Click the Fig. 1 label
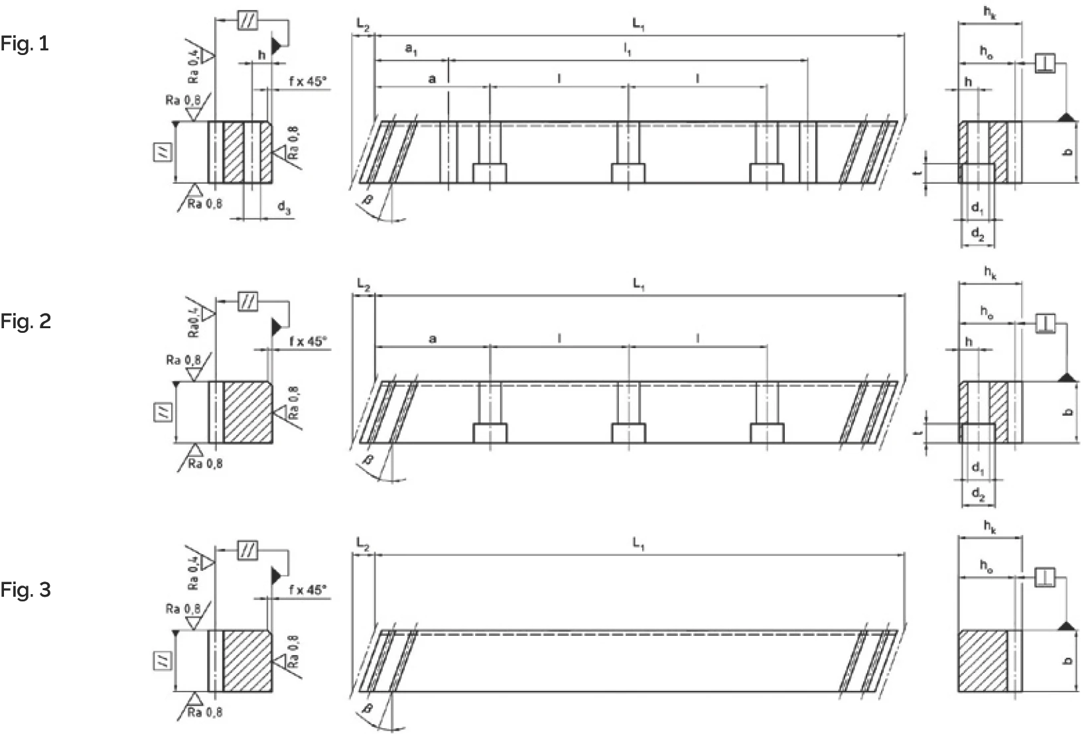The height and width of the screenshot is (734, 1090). (x=25, y=44)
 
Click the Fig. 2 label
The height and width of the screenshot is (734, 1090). (x=25, y=322)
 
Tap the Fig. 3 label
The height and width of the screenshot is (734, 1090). (x=25, y=589)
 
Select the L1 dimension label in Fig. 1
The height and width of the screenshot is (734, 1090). (x=638, y=25)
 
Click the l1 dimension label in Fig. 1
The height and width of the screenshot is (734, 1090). (x=627, y=49)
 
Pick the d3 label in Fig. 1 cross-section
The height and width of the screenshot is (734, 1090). (x=283, y=209)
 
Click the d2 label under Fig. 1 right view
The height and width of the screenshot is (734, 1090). (x=977, y=233)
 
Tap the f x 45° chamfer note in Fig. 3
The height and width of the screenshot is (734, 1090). (x=308, y=589)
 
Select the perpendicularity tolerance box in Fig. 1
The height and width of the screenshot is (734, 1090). (x=1045, y=64)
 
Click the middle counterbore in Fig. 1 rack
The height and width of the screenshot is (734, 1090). (x=628, y=173)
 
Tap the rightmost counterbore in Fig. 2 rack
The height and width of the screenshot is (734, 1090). (x=767, y=433)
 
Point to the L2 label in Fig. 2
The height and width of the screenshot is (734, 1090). (x=362, y=284)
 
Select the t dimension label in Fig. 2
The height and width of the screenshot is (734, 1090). (x=918, y=432)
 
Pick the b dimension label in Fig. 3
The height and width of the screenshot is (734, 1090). (x=1067, y=660)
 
